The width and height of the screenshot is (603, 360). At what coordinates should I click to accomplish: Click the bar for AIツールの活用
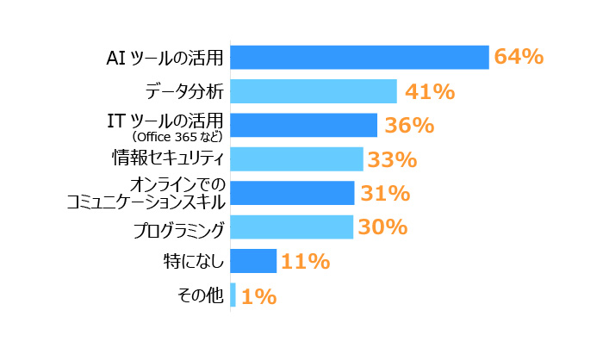(x=360, y=57)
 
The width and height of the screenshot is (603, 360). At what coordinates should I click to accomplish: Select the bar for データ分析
(x=314, y=91)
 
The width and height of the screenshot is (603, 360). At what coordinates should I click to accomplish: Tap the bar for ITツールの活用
(x=304, y=125)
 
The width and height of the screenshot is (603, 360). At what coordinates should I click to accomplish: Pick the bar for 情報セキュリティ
(x=297, y=159)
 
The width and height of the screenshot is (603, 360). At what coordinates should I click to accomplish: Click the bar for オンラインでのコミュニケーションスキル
(x=293, y=193)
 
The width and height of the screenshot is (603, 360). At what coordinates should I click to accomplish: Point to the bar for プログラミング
(x=292, y=227)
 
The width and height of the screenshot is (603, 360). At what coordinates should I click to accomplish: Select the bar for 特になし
(x=253, y=261)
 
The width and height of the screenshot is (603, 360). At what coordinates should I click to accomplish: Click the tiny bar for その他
(x=233, y=295)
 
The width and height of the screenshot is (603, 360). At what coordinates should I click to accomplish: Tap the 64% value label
(x=518, y=57)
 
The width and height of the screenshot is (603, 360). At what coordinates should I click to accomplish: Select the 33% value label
(x=392, y=159)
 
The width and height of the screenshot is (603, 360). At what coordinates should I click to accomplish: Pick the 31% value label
(x=384, y=194)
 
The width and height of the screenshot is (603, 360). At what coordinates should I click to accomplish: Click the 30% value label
(x=382, y=227)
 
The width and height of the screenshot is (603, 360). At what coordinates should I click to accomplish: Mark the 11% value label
(x=306, y=261)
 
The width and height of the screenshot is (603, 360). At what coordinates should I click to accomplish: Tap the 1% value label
(x=258, y=296)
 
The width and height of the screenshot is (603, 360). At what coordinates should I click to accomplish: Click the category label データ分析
(x=183, y=90)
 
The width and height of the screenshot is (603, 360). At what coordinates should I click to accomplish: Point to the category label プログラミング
(x=179, y=228)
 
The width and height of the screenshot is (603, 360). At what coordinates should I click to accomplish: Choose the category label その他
(x=200, y=295)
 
